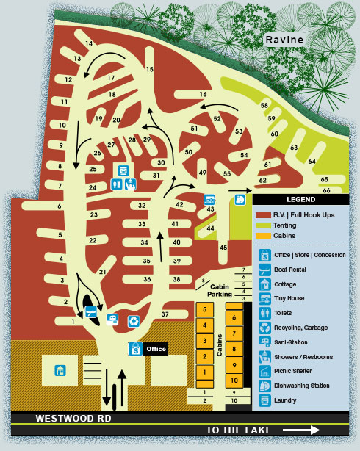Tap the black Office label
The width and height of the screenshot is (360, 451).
(156, 348)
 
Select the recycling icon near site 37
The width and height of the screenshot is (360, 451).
(134, 320)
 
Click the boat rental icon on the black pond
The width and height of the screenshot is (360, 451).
(92, 312)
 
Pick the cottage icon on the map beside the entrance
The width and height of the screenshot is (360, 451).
(62, 369)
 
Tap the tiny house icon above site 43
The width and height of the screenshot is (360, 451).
(209, 199)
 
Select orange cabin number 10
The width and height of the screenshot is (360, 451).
(232, 380)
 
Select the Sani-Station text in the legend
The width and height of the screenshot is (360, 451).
(292, 342)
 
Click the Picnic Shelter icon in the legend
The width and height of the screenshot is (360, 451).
(264, 371)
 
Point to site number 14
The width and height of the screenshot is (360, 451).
(89, 44)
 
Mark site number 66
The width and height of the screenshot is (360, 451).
(326, 190)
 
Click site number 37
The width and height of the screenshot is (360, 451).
(165, 314)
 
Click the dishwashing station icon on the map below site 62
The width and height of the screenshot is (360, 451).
(240, 199)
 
